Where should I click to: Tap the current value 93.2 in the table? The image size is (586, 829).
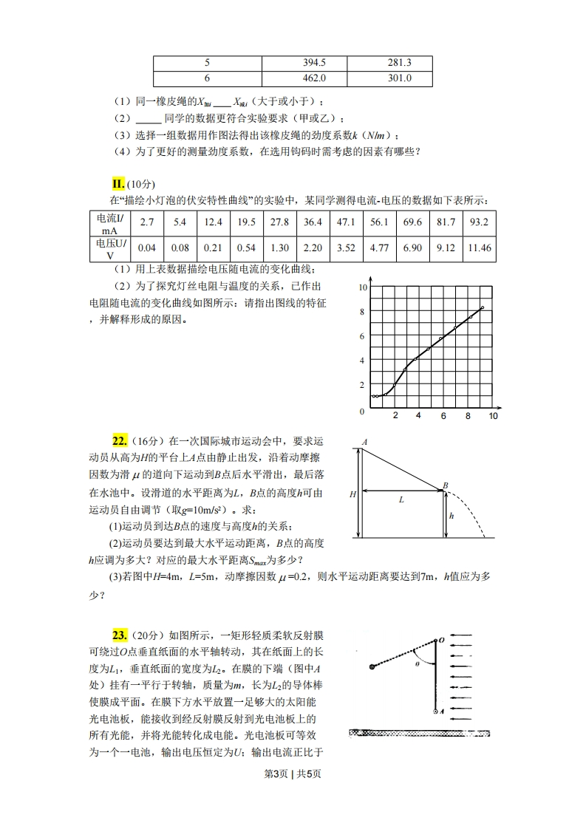click(479, 222)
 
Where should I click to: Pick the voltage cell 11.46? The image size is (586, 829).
click(479, 248)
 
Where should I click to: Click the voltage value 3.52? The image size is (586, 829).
click(346, 248)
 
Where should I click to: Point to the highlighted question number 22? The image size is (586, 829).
click(120, 442)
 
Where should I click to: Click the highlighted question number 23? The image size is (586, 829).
click(120, 635)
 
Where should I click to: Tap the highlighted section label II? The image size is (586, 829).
click(117, 183)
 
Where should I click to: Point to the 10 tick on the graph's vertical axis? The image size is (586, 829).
click(362, 287)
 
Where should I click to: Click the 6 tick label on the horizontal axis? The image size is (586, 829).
click(443, 416)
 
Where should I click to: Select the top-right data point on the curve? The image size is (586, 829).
click(482, 307)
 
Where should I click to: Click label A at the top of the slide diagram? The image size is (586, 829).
click(364, 442)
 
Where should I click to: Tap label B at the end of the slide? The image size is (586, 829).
click(445, 485)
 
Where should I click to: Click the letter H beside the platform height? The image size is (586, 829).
click(352, 495)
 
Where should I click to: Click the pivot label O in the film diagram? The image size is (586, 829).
click(441, 641)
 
